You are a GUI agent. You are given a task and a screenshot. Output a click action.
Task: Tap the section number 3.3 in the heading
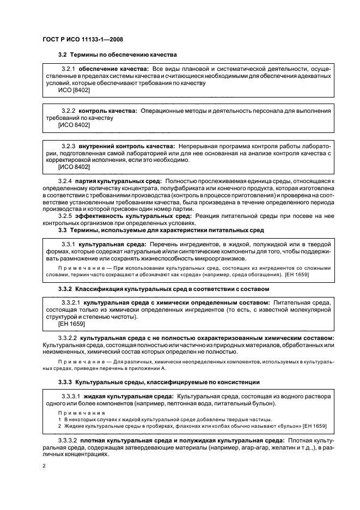point(63,230)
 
